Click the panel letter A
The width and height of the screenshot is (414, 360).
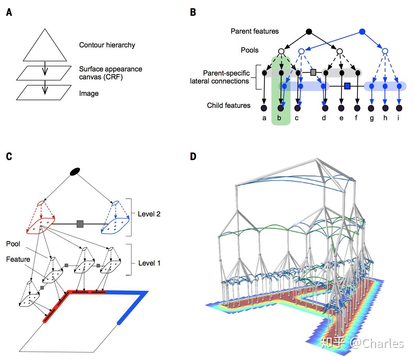click(9, 12)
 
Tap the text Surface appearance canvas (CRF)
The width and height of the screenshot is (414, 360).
click(111, 73)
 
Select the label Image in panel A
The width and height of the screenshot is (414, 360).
click(89, 93)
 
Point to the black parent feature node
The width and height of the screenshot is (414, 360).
click(309, 31)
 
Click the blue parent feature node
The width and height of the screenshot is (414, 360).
click(362, 31)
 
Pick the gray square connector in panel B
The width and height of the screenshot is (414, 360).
click(313, 72)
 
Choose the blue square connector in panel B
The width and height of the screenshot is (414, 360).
click(347, 86)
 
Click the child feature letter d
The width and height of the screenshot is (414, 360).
click(324, 117)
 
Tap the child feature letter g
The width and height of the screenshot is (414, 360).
click(371, 118)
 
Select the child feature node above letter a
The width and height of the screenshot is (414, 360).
click(264, 108)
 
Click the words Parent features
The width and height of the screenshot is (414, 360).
click(255, 31)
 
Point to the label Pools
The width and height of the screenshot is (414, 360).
click(250, 50)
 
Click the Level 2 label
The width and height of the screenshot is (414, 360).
click(149, 214)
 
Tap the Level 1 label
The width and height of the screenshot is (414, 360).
click(149, 263)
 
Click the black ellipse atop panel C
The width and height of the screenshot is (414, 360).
click(75, 171)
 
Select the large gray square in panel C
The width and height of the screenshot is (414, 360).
click(80, 224)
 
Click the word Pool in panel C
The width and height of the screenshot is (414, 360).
click(13, 244)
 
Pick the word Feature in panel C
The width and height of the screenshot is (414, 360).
click(18, 259)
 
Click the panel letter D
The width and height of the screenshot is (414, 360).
click(193, 156)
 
